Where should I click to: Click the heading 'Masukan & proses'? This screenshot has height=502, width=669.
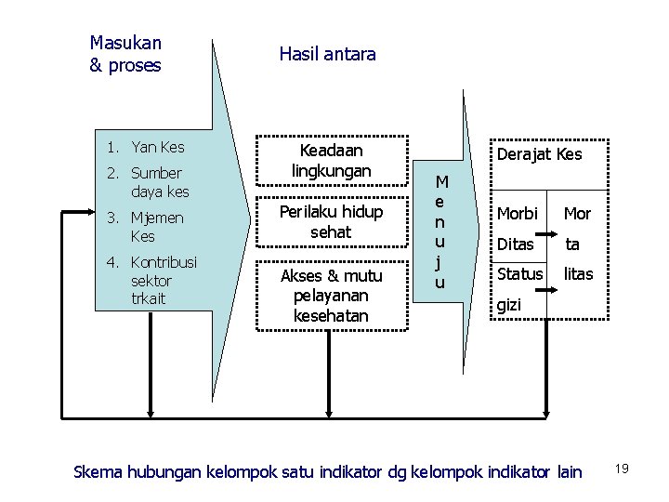pyautogui.click(x=125, y=54)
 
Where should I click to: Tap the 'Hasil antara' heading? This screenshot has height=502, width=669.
pyautogui.click(x=327, y=54)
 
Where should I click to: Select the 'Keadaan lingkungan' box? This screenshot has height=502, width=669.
pyautogui.click(x=332, y=161)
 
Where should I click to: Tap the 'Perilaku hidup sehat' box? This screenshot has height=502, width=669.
pyautogui.click(x=332, y=222)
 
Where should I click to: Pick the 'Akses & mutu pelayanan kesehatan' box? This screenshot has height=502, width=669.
pyautogui.click(x=332, y=296)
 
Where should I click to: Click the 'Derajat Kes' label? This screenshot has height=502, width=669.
pyautogui.click(x=539, y=153)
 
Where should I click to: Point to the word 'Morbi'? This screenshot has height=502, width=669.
pyautogui.click(x=518, y=214)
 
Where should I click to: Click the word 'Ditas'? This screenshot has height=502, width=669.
pyautogui.click(x=516, y=244)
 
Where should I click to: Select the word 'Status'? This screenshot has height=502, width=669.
pyautogui.click(x=519, y=274)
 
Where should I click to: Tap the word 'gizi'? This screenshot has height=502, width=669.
pyautogui.click(x=509, y=304)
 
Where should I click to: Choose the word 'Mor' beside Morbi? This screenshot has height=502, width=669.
pyautogui.click(x=578, y=214)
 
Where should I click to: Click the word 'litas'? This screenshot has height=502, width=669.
pyautogui.click(x=578, y=275)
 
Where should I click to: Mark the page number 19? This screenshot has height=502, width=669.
pyautogui.click(x=622, y=469)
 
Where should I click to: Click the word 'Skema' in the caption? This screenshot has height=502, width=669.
pyautogui.click(x=97, y=472)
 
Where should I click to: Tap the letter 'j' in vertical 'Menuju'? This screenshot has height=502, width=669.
pyautogui.click(x=440, y=262)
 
